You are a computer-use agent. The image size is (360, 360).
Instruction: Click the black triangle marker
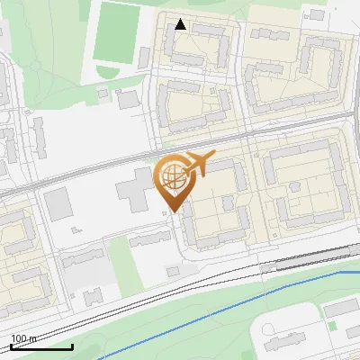181,24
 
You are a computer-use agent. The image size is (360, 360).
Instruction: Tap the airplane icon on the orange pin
199,163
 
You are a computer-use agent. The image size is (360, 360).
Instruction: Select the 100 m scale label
22,338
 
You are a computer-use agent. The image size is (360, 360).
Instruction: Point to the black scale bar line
41,346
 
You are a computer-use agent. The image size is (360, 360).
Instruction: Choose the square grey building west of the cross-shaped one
58,204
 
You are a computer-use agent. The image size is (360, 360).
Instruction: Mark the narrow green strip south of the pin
121,261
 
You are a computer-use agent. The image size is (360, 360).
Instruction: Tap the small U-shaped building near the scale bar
94,297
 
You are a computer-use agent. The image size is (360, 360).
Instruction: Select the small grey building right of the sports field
144,58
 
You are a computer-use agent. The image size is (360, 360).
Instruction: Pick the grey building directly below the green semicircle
128,98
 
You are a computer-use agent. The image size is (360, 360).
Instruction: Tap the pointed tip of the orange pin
172,211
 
